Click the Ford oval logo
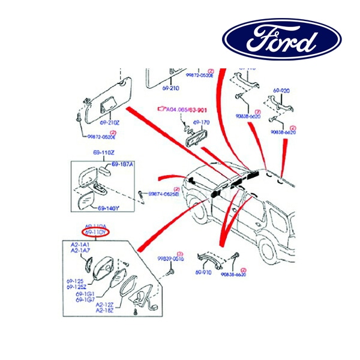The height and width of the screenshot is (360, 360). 282,40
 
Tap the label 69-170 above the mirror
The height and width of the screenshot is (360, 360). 202,122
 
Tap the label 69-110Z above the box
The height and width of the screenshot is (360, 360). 103,153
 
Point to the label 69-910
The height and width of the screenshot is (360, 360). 203,272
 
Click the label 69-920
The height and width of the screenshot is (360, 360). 281,91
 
